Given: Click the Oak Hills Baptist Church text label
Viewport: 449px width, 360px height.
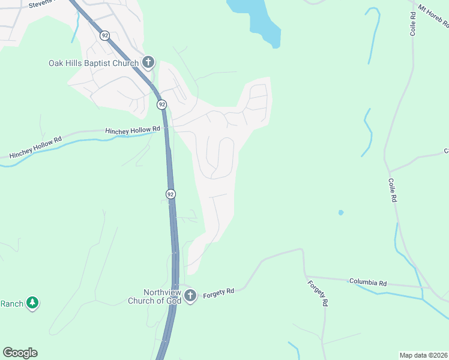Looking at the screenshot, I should (94, 62).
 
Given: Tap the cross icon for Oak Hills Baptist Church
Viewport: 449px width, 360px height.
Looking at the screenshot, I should (148, 62).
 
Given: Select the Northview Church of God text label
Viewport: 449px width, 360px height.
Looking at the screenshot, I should (154, 296).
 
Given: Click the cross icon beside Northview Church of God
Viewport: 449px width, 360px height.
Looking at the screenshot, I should (190, 295).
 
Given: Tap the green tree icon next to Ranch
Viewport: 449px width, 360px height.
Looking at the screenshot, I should (32, 303).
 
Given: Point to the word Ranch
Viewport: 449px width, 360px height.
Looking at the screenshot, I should (11, 304).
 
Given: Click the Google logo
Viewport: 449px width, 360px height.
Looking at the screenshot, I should (20, 353).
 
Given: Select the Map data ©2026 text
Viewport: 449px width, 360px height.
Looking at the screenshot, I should (424, 355).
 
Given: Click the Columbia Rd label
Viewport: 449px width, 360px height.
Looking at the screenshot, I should (368, 281).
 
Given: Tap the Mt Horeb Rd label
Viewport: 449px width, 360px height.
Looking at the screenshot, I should (434, 16).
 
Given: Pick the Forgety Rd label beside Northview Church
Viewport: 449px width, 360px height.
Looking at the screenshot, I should (217, 293).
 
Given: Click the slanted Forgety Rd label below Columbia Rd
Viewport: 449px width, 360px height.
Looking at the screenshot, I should (318, 294).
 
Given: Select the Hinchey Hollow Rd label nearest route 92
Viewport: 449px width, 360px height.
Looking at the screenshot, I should (133, 130).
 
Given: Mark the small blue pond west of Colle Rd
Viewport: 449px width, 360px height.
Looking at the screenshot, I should (341, 212).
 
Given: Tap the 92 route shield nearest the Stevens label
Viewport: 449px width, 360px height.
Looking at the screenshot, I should (105, 36).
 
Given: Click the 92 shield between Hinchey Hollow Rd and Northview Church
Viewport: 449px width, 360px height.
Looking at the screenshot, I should (170, 194).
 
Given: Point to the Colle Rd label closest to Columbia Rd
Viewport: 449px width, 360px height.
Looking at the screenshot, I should (393, 189).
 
